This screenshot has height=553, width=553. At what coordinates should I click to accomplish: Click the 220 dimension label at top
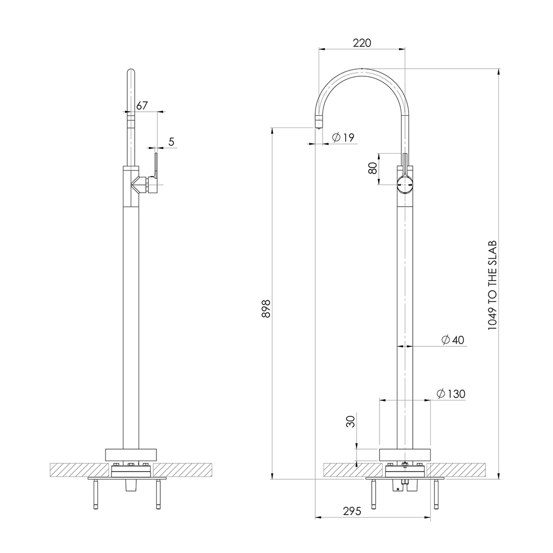[x=362, y=43]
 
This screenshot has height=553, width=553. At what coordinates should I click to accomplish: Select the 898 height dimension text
[x=266, y=308]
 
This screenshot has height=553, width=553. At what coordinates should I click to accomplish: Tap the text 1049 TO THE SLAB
[x=493, y=285]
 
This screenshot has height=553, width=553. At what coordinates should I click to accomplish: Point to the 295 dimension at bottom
[x=352, y=511]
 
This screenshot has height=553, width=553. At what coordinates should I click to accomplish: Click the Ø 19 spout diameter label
[x=343, y=137]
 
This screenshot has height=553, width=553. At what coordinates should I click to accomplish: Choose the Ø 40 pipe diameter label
[x=453, y=340]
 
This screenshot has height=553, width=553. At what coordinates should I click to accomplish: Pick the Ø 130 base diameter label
[x=451, y=394]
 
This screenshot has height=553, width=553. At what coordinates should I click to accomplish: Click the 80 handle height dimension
[x=373, y=168]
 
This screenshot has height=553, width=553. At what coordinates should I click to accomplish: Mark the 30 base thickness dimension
[x=350, y=422]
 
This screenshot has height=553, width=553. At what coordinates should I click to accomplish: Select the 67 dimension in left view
[x=142, y=105]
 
